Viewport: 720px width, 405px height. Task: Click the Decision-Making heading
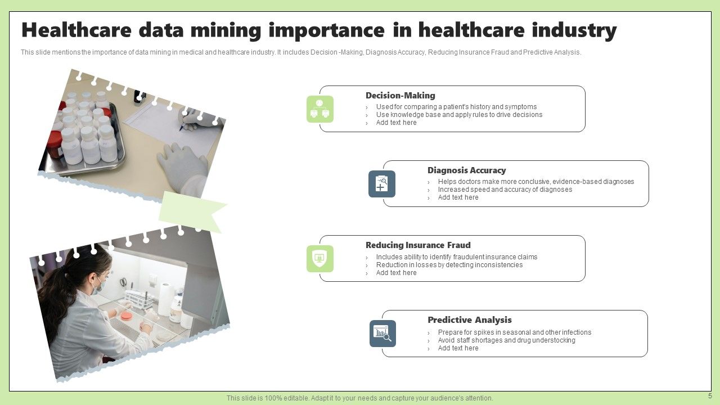click(x=400, y=96)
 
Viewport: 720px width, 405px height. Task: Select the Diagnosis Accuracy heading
click(x=466, y=170)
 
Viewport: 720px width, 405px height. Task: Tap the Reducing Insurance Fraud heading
click(x=418, y=245)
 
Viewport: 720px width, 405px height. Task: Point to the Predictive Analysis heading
click(x=469, y=320)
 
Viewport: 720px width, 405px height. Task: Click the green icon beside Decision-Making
click(x=320, y=109)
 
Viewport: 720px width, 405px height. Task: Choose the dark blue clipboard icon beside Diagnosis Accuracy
click(x=382, y=184)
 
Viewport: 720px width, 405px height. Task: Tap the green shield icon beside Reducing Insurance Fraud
click(x=320, y=259)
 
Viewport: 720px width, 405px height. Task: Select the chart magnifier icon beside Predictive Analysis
click(x=382, y=334)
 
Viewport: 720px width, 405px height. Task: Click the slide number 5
click(x=710, y=396)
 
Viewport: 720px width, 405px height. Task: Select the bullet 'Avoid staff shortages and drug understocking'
click(x=506, y=340)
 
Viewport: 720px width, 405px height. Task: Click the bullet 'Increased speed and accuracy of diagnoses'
click(x=505, y=190)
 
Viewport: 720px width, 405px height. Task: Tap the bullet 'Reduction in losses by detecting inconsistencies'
click(x=449, y=265)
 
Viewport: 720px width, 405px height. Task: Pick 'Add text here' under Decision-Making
click(x=396, y=123)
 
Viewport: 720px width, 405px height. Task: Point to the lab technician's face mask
click(x=97, y=286)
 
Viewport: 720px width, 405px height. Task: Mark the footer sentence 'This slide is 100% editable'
click(x=359, y=398)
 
